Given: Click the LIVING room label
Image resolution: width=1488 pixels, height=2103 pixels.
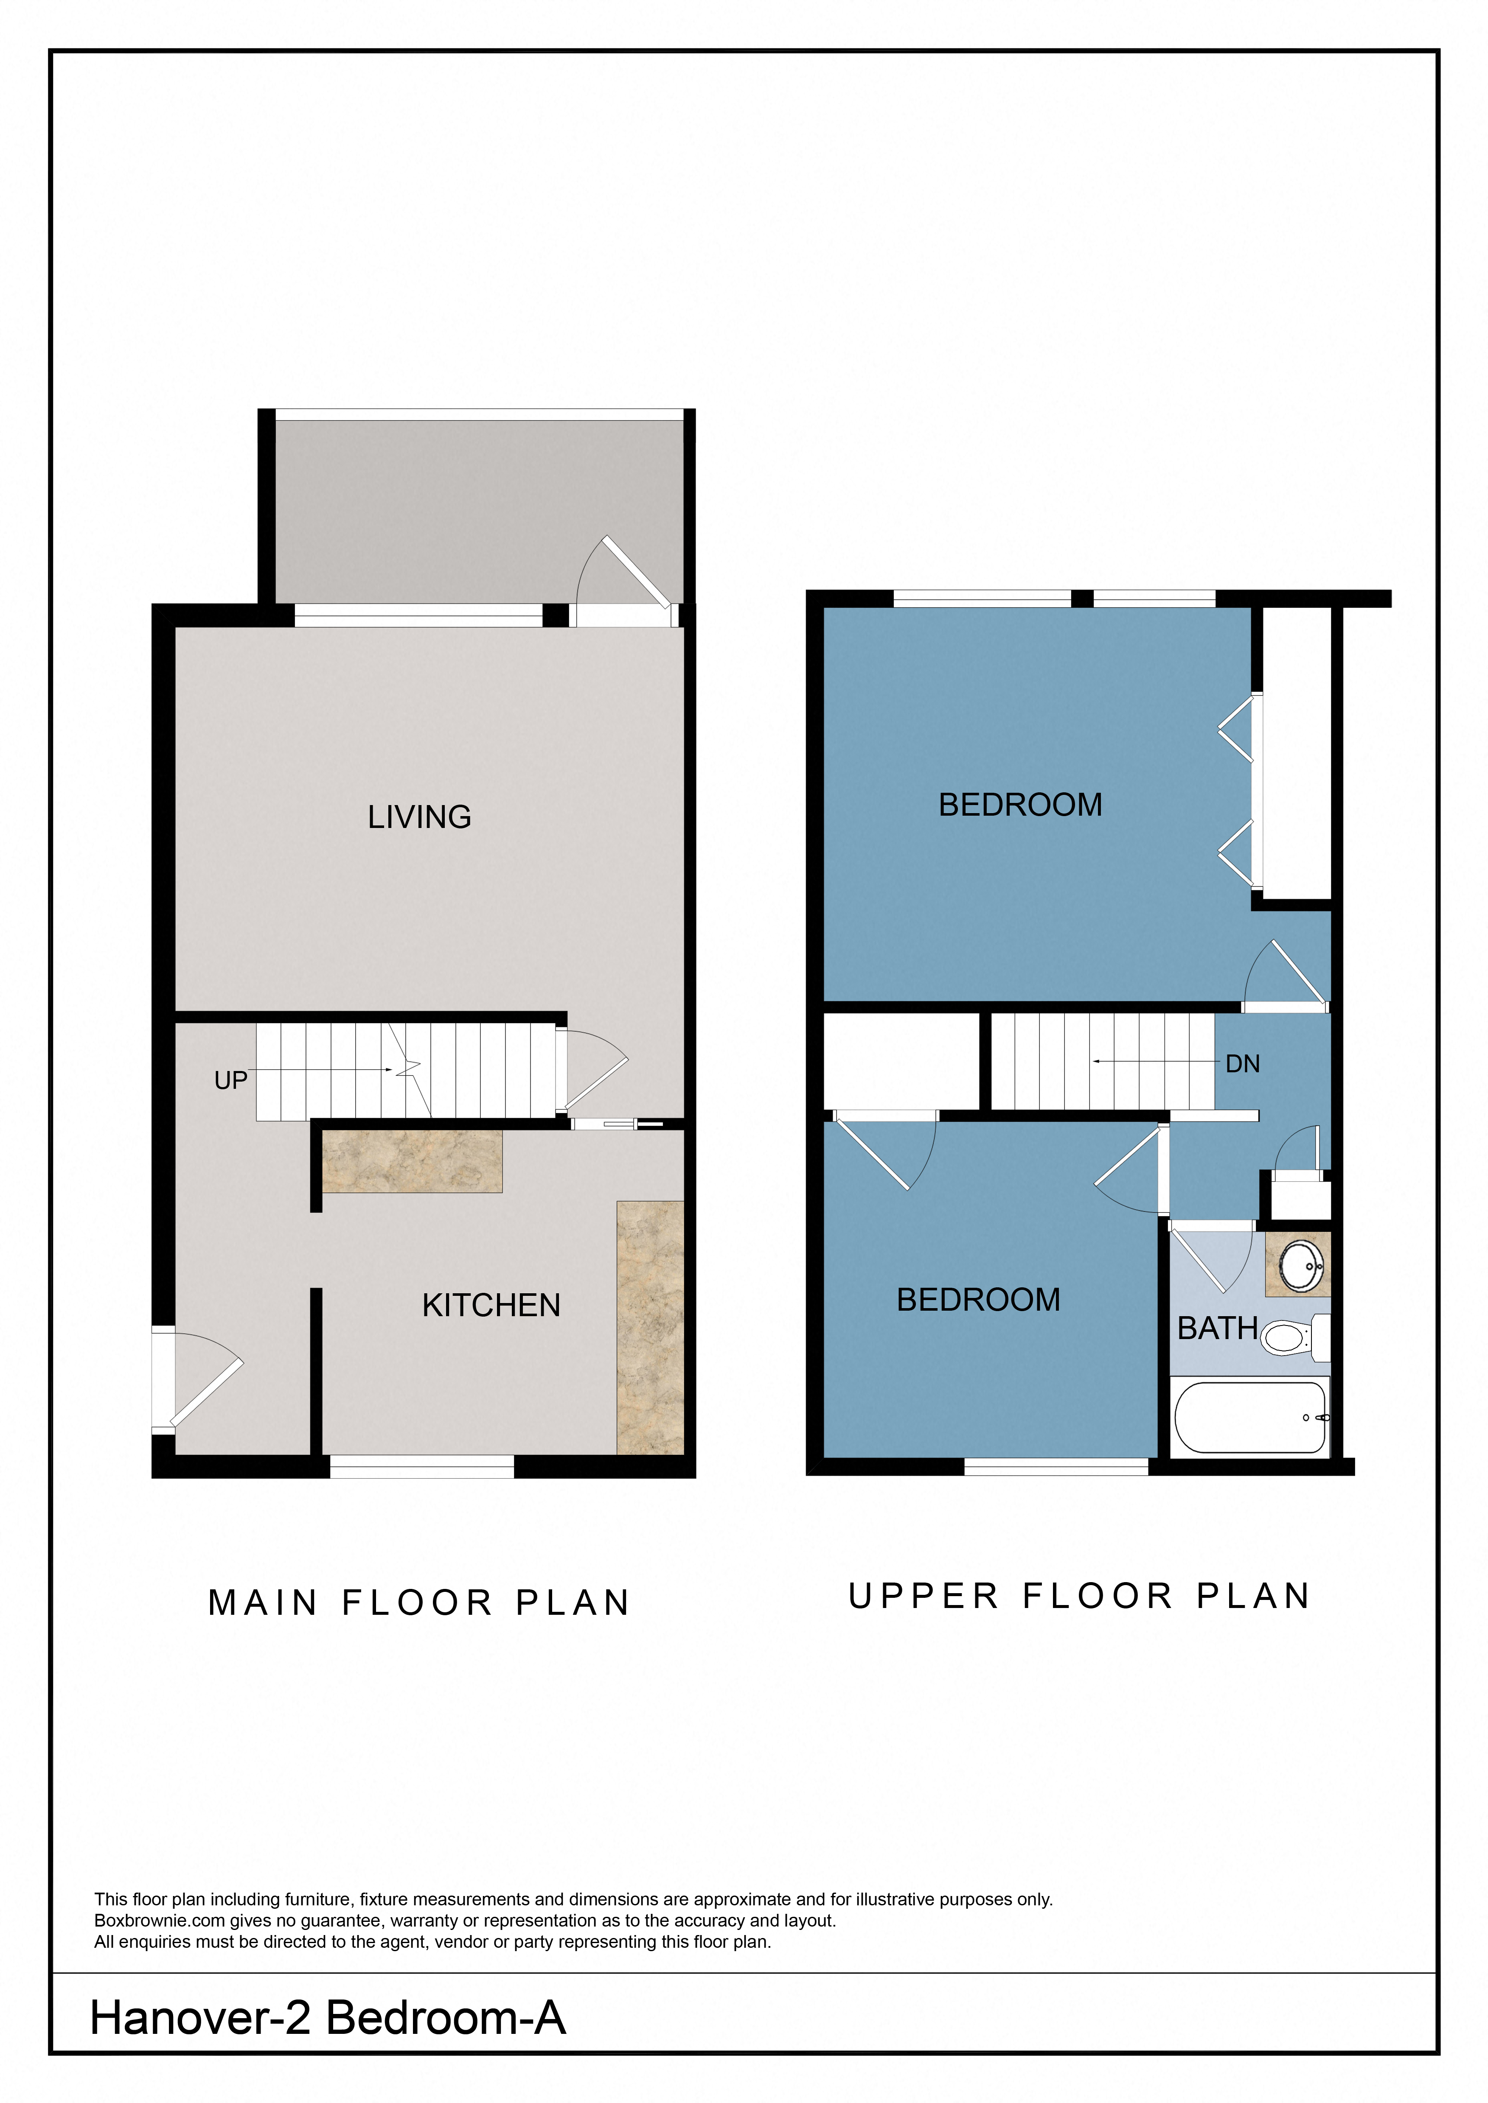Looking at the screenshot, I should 420,817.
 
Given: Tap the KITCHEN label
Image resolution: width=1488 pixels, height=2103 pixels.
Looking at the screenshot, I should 491,1305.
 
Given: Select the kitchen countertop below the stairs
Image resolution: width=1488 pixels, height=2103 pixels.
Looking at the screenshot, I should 412,1161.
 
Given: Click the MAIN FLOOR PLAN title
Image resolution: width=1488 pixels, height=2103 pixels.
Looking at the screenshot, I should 419,1603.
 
